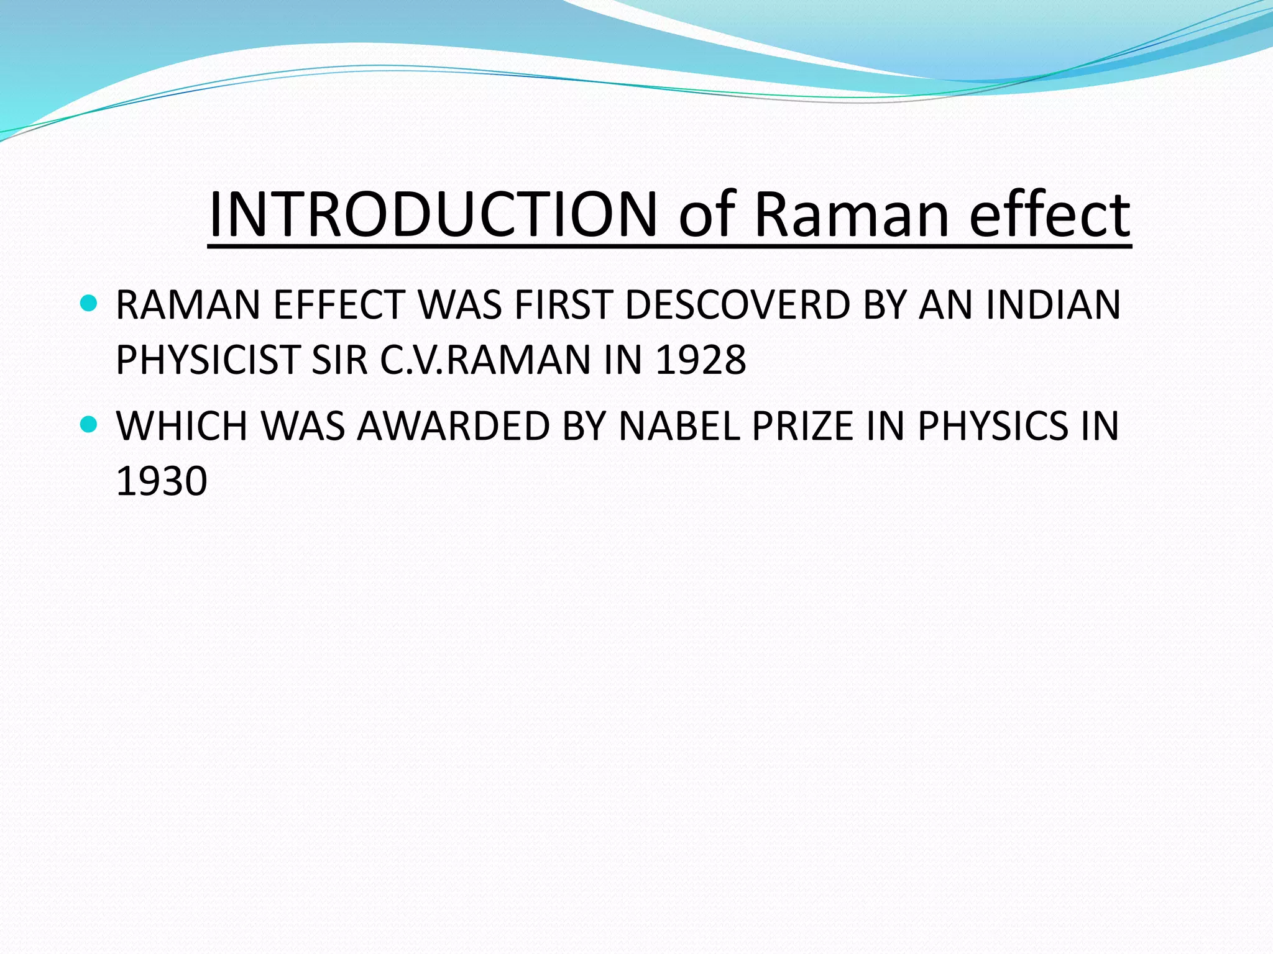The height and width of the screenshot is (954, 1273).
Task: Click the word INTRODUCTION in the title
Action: pos(433,214)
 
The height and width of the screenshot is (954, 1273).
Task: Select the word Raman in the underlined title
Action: pos(852,214)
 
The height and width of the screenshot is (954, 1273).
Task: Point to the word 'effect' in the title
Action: pos(1049,214)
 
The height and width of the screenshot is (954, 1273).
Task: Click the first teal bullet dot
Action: pos(90,304)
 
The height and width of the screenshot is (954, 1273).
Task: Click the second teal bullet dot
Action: pos(90,425)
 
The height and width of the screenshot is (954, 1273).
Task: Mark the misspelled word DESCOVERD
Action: pos(737,305)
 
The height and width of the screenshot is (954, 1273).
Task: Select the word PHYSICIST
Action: pos(208,360)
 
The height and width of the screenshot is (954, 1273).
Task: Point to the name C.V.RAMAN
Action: pos(485,360)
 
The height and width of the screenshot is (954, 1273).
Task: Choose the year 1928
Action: pos(701,360)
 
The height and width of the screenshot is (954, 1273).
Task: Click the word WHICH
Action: pos(182,426)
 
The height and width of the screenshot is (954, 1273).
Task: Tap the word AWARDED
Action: pos(454,426)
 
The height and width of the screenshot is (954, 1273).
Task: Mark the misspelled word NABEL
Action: pos(679,426)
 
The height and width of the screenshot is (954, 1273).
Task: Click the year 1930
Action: pos(162,481)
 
